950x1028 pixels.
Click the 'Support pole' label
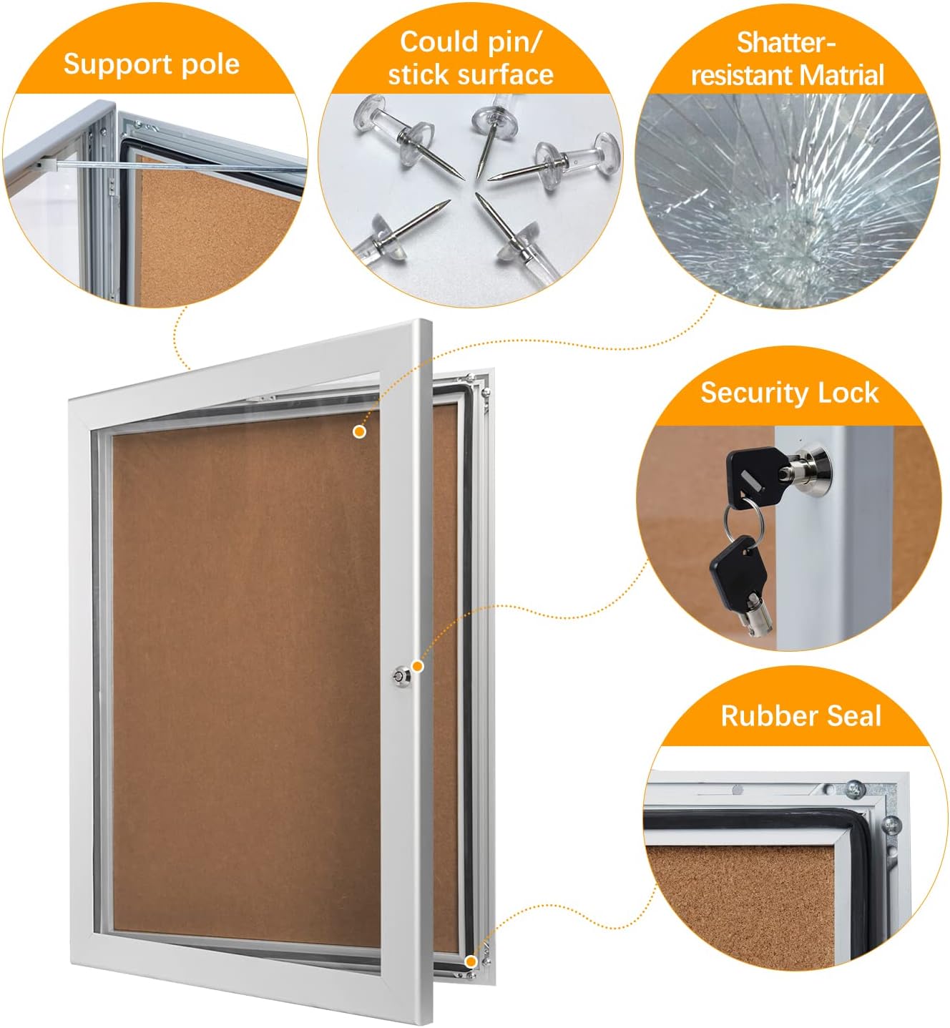coord(151,64)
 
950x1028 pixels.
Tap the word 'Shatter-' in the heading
coord(785,43)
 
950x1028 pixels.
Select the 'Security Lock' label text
coord(789,393)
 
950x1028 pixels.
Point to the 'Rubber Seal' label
coord(800,715)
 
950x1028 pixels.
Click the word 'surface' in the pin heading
coord(509,74)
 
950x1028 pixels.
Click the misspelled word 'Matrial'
coord(841,75)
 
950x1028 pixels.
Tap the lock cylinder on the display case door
coord(399,675)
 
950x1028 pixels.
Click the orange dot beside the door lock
coord(418,666)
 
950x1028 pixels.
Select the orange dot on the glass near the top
coord(359,431)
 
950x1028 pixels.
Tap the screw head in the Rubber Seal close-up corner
coord(853,790)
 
